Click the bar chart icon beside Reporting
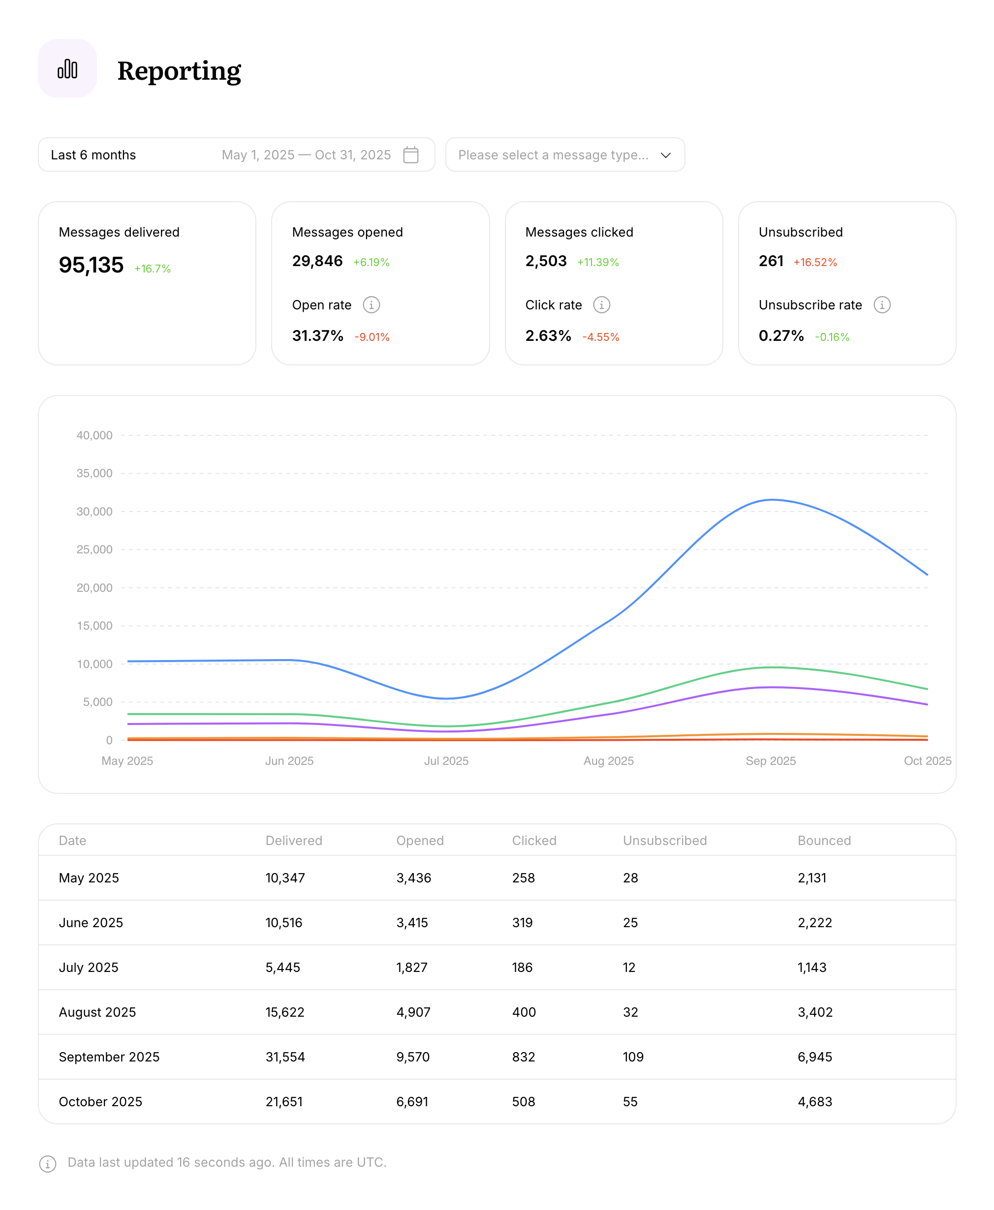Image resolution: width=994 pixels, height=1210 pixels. [67, 69]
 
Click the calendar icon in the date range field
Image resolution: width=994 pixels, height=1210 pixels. [410, 154]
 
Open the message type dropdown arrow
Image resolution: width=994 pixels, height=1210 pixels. [665, 155]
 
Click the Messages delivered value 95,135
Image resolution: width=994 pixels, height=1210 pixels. [91, 265]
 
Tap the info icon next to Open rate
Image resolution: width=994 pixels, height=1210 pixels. [371, 305]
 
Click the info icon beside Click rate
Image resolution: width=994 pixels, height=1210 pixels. [601, 305]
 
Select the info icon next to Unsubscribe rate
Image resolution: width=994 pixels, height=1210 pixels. [881, 305]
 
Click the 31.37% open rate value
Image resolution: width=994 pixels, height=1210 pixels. [317, 336]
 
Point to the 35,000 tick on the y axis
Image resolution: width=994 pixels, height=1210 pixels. [94, 473]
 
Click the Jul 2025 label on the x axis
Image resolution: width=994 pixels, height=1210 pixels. [446, 761]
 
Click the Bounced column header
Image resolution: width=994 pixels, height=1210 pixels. [823, 840]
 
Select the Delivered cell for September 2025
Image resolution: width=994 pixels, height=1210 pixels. [285, 1057]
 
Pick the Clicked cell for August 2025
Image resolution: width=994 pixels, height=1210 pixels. [524, 1012]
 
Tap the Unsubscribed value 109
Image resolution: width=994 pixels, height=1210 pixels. [633, 1057]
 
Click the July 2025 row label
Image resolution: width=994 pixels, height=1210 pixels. [89, 968]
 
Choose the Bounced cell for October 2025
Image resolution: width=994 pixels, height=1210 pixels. [814, 1102]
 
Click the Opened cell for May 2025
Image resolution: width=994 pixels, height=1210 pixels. [413, 878]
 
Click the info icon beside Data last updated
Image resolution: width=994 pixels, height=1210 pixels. [48, 1164]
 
